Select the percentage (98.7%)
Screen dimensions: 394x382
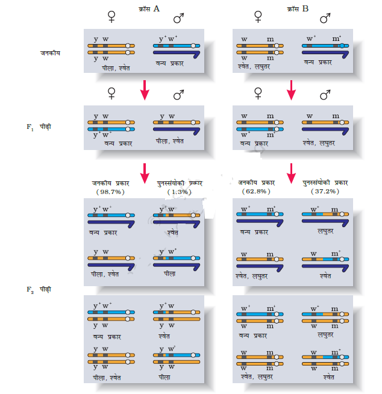tap(109, 191)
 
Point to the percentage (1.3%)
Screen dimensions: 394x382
tap(177, 191)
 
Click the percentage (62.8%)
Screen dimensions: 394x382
tap(257, 191)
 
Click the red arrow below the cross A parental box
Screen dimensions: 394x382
tap(145, 90)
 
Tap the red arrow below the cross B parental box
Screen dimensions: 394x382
tap(292, 90)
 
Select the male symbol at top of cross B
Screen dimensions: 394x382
tap(325, 19)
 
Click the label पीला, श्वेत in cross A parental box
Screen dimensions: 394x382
tap(116, 68)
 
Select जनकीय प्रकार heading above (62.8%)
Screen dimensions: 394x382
tap(257, 183)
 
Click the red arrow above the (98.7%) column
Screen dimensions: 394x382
tap(145, 172)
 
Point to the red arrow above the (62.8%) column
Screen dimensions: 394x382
tap(292, 172)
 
